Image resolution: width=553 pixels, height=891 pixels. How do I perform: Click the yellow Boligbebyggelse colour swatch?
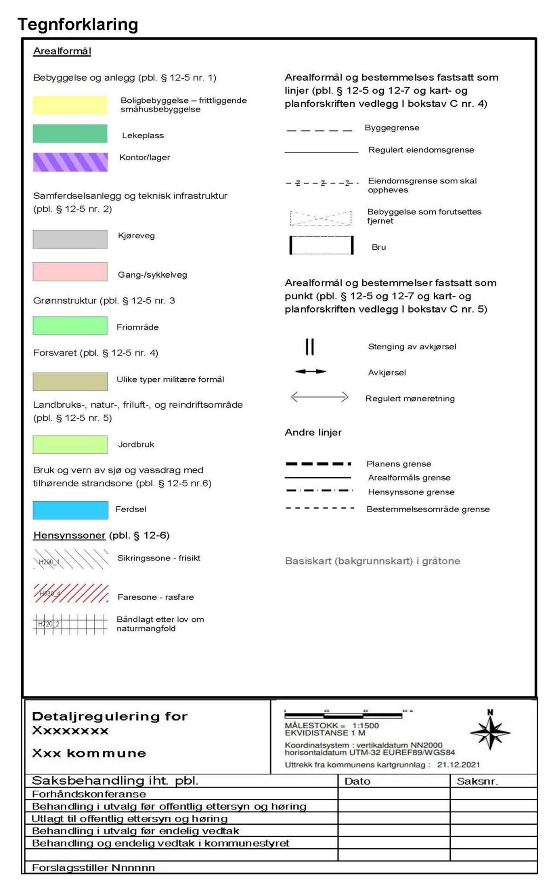70,105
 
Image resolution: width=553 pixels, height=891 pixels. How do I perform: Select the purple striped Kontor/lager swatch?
70,162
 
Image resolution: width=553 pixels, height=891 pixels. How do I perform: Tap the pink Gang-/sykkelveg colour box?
70,272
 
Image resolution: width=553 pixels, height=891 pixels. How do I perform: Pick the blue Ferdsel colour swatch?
71,510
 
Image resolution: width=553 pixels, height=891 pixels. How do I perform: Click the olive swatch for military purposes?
70,381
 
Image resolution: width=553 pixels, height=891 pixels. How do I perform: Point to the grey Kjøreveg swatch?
70,240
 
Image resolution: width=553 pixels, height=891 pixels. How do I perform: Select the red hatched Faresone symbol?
71,593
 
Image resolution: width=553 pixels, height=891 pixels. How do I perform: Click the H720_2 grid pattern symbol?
70,625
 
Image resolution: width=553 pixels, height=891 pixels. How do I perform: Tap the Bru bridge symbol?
321,245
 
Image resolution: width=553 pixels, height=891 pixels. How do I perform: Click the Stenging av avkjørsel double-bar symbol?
310,347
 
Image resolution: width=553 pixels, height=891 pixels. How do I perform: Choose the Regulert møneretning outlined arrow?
319,397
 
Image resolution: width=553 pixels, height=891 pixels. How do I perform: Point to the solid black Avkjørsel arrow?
311,371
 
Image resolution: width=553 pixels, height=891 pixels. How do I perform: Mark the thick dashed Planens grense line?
318,463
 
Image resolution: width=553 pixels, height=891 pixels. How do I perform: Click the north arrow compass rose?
490,732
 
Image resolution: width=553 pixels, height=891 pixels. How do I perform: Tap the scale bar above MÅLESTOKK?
343,715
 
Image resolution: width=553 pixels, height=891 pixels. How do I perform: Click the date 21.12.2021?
458,765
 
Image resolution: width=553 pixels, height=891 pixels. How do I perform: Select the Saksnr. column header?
477,781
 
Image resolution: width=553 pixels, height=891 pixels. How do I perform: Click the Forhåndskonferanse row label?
89,794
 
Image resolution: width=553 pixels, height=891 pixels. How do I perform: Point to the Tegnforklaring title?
78,24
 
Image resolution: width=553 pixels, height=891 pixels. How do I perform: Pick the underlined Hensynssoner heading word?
69,535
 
